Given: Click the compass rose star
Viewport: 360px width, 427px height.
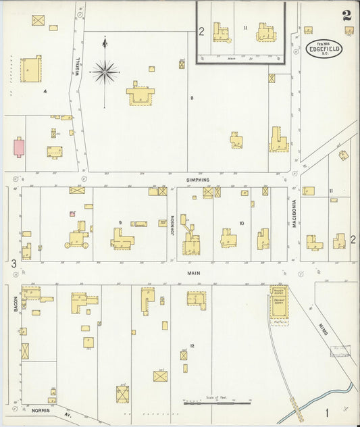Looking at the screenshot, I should (x=105, y=70).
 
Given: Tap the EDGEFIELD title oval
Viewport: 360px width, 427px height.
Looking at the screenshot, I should (x=326, y=49).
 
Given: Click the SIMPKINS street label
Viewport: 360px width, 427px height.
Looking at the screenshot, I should (x=198, y=180).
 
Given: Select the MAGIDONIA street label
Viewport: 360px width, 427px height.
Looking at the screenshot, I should (x=295, y=214).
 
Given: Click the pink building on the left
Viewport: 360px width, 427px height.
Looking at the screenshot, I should (x=19, y=146).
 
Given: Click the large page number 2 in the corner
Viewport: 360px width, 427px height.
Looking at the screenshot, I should (x=346, y=16).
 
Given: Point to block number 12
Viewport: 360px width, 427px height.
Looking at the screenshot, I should (x=192, y=346).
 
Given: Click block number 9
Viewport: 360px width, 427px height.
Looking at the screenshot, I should (x=120, y=222).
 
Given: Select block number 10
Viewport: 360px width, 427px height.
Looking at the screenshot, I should (x=240, y=222).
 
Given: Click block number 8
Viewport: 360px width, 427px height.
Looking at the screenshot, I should (x=192, y=99).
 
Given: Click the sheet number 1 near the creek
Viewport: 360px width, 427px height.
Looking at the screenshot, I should (x=327, y=411).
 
